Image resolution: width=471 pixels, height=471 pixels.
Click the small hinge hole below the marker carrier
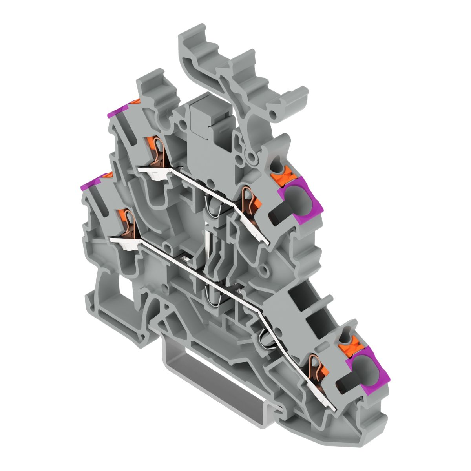pos(251,157)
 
